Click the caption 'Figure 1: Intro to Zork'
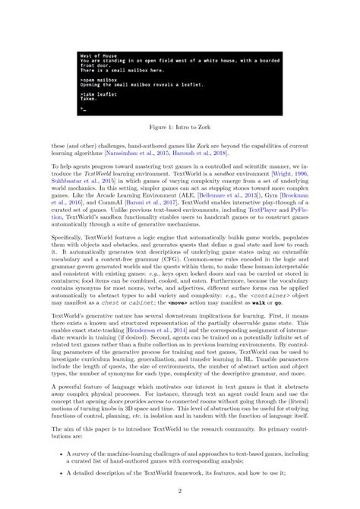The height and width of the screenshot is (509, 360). pyautogui.click(x=179, y=130)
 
